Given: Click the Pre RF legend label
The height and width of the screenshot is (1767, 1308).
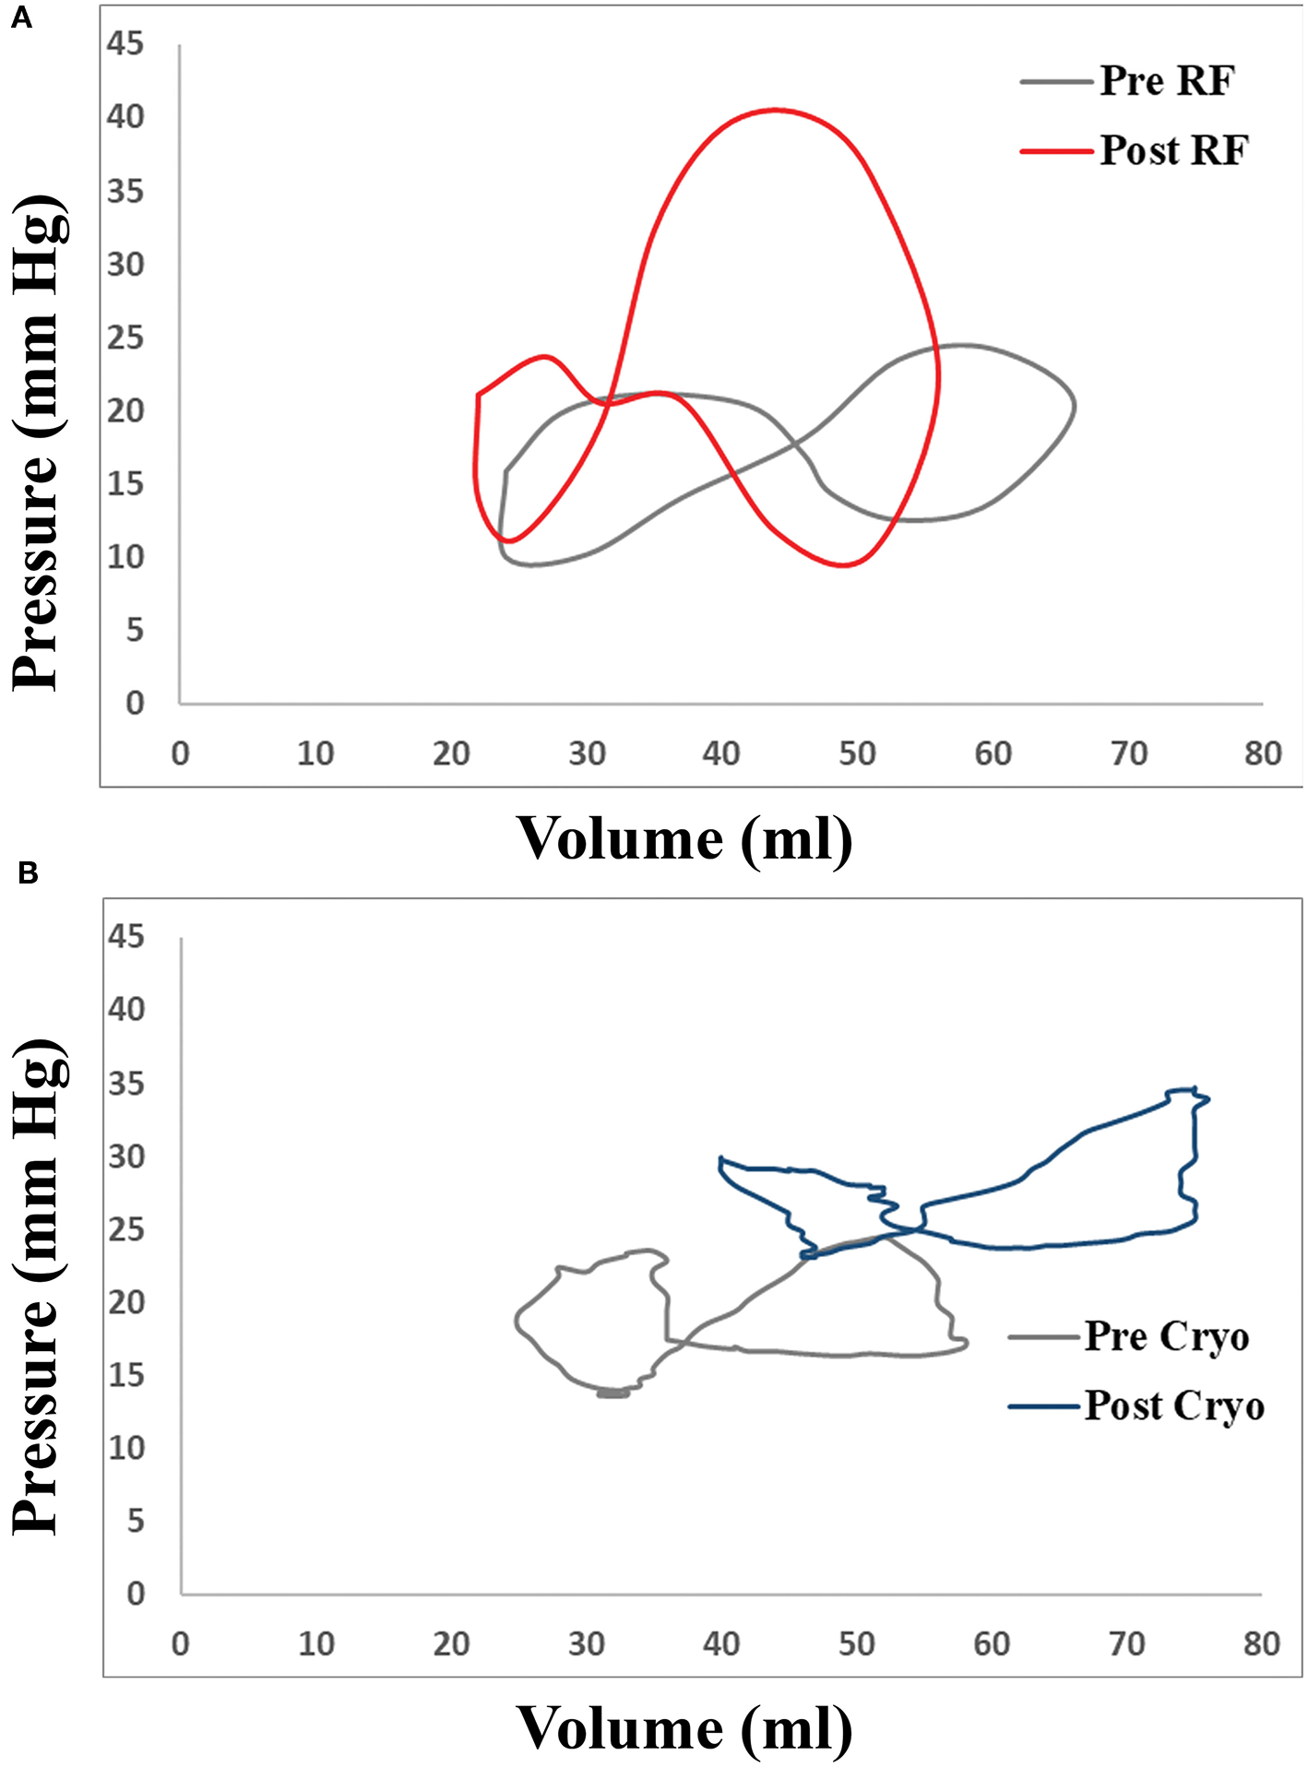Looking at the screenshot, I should point(1166,81).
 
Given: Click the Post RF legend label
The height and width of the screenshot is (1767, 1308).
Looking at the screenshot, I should point(1174,150).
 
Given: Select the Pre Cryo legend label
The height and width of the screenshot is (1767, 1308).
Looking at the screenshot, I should point(1166,1336).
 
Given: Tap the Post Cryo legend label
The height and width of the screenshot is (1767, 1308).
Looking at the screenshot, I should point(1173,1406).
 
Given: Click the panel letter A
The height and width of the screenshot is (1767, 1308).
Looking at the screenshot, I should point(20,18).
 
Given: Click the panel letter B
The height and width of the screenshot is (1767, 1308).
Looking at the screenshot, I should point(27,872).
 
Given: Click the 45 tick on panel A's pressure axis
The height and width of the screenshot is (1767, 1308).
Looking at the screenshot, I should point(125,43).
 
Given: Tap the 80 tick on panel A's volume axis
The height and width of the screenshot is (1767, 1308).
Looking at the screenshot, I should point(1262,754).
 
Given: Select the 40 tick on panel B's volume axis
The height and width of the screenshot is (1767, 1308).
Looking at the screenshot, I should point(720,1643).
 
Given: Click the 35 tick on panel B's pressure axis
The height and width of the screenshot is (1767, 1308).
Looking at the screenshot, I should point(126,1084).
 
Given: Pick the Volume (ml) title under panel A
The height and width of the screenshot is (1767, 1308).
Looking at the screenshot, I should point(684,838).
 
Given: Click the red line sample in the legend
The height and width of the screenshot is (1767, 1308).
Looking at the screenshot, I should point(1056,150).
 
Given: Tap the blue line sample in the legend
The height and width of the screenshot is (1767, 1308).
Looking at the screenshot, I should point(1043,1406).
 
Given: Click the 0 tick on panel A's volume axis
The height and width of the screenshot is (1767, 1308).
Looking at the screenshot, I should point(180,754).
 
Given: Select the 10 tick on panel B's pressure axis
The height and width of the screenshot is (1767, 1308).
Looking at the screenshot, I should point(126,1448).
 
